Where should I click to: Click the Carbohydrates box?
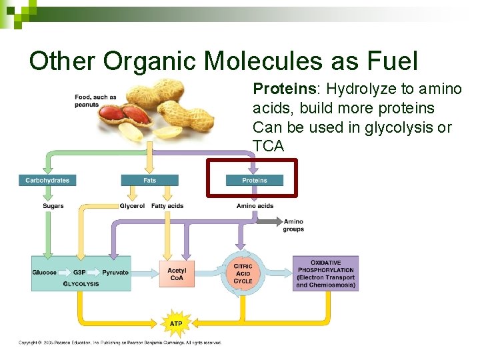pyautogui.click(x=47, y=180)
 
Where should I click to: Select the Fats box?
pyautogui.click(x=150, y=180)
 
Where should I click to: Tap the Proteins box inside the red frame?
pyautogui.click(x=254, y=180)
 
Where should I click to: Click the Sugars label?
pyautogui.click(x=53, y=206)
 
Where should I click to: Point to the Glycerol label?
pyautogui.click(x=132, y=206)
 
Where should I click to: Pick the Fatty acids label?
pyautogui.click(x=167, y=206)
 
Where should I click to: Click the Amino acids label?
pyautogui.click(x=255, y=206)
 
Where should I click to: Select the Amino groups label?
pyautogui.click(x=293, y=225)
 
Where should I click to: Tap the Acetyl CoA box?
pyautogui.click(x=177, y=274)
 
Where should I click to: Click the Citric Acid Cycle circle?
pyautogui.click(x=243, y=273)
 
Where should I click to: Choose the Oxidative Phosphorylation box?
pyautogui.click(x=325, y=273)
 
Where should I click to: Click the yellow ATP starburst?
pyautogui.click(x=176, y=323)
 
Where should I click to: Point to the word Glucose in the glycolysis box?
pyautogui.click(x=45, y=273)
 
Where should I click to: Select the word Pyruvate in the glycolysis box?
pyautogui.click(x=115, y=273)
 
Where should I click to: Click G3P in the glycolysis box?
pyautogui.click(x=79, y=273)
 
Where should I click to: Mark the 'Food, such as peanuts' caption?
pyautogui.click(x=95, y=101)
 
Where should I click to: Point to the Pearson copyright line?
pyautogui.click(x=120, y=343)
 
